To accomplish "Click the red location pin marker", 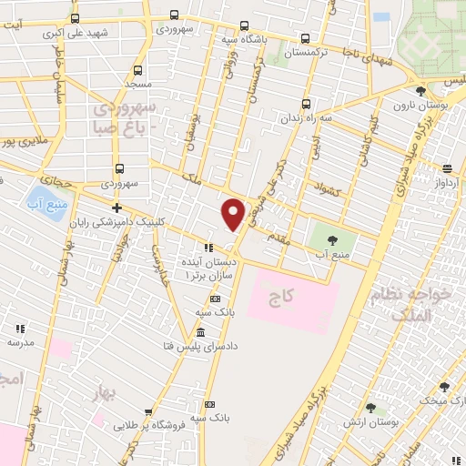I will (234, 213).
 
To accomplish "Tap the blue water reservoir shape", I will (41, 197).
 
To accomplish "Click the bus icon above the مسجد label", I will (137, 70).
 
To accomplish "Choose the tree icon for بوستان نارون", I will (420, 92).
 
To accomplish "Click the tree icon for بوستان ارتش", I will (370, 409).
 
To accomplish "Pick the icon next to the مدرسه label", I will (19, 329).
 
